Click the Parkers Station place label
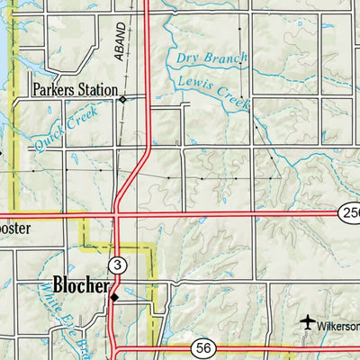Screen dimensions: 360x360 75,90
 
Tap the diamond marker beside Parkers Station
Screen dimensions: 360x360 123,98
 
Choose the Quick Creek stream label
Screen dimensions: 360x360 63,126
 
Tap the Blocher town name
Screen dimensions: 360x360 81,286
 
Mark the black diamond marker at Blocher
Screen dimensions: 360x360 113,296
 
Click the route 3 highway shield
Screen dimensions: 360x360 116,265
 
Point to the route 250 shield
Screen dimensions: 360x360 350,212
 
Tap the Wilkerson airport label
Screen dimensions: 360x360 340,325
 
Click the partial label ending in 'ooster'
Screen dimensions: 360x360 15,229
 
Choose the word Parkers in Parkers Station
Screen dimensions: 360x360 52,90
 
